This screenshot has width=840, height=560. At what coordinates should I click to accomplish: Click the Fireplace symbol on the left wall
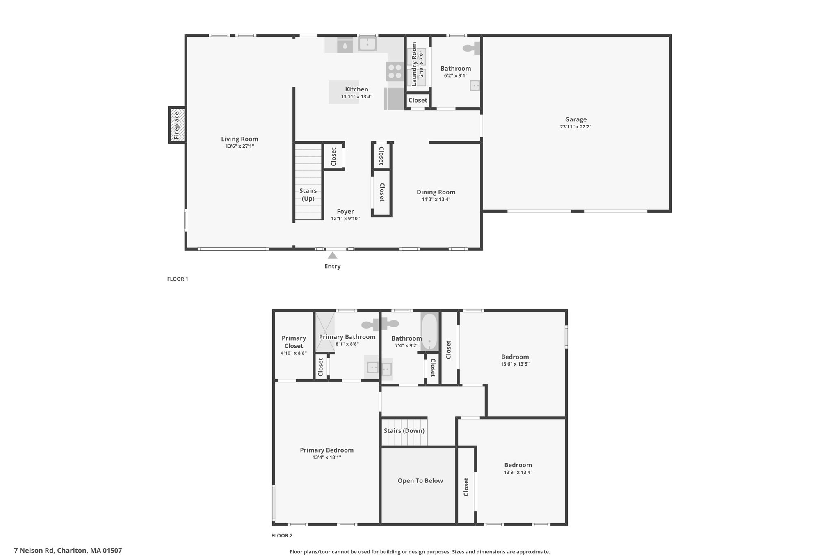pos(177,125)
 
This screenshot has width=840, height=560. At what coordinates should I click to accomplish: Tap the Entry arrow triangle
pos(333,255)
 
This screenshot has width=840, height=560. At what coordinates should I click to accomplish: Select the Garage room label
pos(576,119)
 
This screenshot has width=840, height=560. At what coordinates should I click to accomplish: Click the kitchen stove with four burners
pos(395,71)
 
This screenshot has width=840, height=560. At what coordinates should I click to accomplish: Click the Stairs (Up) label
pos(308,194)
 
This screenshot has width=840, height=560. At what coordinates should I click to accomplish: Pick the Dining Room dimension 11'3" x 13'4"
pos(436,199)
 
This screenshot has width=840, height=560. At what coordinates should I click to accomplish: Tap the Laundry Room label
pos(414,64)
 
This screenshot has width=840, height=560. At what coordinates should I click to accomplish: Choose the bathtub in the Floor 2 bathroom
pos(430,331)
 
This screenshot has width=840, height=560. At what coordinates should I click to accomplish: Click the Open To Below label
pos(420,481)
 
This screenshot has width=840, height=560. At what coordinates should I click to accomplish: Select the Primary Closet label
pos(294,342)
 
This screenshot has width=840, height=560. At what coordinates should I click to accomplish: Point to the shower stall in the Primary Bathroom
pos(325,332)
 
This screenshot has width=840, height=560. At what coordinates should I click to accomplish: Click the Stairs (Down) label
pos(404,431)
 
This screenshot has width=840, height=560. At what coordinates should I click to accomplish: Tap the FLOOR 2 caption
pos(282,535)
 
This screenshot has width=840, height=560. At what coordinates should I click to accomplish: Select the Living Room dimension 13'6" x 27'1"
pos(240,146)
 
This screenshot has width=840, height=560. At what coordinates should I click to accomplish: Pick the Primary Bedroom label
pos(327,450)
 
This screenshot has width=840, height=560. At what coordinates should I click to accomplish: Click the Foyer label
pos(345,212)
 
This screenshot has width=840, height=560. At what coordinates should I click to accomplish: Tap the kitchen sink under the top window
pos(367,44)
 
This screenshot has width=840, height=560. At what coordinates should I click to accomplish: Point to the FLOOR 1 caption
pos(178,279)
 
